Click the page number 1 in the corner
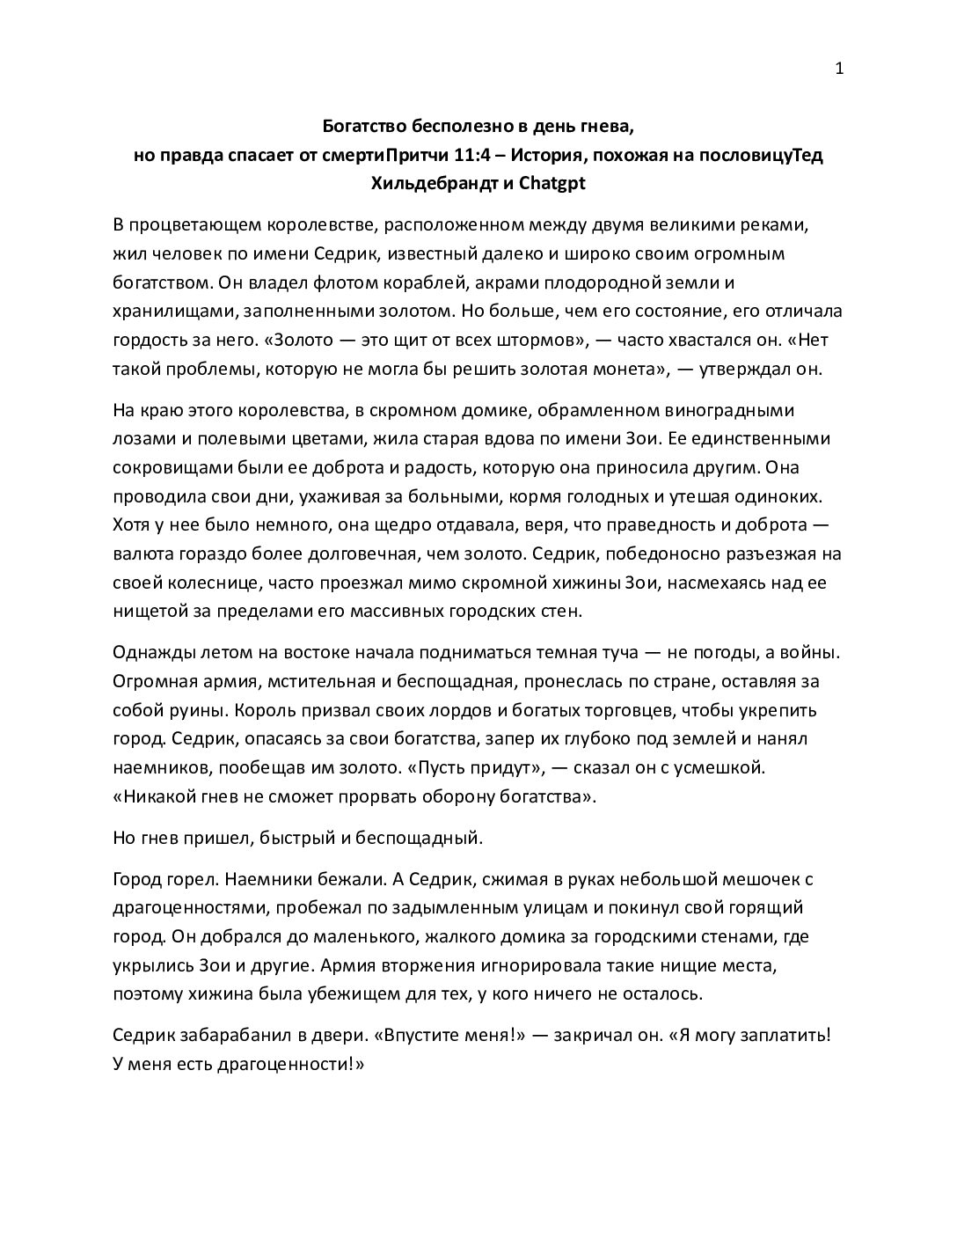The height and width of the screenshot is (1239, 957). tap(839, 70)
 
